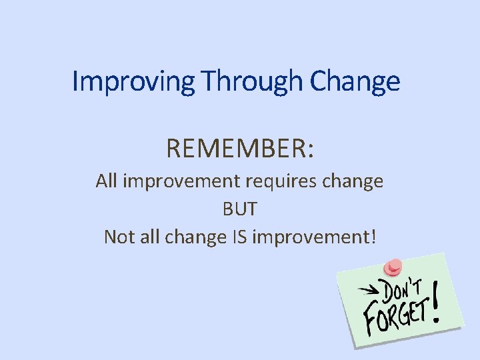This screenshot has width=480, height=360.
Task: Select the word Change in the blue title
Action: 355,81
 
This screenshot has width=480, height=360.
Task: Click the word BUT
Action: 239,209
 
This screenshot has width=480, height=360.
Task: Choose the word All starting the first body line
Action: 107,181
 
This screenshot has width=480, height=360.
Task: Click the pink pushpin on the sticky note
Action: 393,266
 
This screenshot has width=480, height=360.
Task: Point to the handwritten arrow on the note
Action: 369,290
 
